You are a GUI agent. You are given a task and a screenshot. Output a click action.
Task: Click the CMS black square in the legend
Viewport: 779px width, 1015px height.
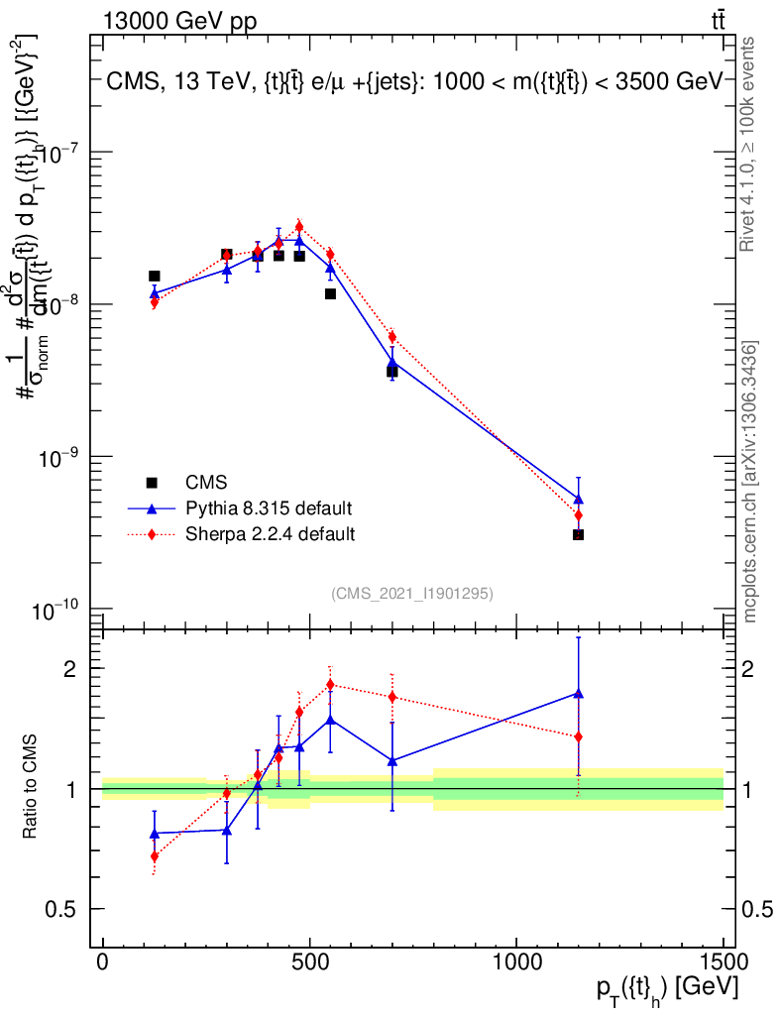tap(152, 483)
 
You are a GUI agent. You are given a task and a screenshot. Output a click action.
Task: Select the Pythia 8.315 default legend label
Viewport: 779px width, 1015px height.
tap(269, 508)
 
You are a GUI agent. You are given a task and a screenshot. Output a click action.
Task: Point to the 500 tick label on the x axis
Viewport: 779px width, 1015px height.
tap(309, 960)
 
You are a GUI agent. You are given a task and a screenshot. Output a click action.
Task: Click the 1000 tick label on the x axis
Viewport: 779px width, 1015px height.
tap(515, 960)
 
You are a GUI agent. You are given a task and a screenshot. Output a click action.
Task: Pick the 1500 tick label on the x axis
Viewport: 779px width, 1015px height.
tap(723, 960)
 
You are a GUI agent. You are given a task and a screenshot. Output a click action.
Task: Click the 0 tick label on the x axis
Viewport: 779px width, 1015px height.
tap(103, 960)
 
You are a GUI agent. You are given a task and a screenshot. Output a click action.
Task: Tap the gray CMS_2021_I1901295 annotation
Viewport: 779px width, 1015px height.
tap(411, 593)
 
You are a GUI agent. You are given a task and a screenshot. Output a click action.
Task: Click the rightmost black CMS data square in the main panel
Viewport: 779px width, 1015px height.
tap(578, 534)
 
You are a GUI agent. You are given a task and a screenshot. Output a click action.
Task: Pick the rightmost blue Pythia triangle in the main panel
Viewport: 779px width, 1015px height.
tap(578, 499)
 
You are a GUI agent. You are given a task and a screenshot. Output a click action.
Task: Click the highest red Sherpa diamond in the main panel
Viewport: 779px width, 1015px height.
tap(299, 226)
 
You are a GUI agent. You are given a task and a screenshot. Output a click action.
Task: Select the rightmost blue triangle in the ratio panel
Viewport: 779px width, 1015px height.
tap(578, 694)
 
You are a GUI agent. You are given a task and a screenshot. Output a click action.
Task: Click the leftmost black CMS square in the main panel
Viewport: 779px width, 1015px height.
tap(155, 277)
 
